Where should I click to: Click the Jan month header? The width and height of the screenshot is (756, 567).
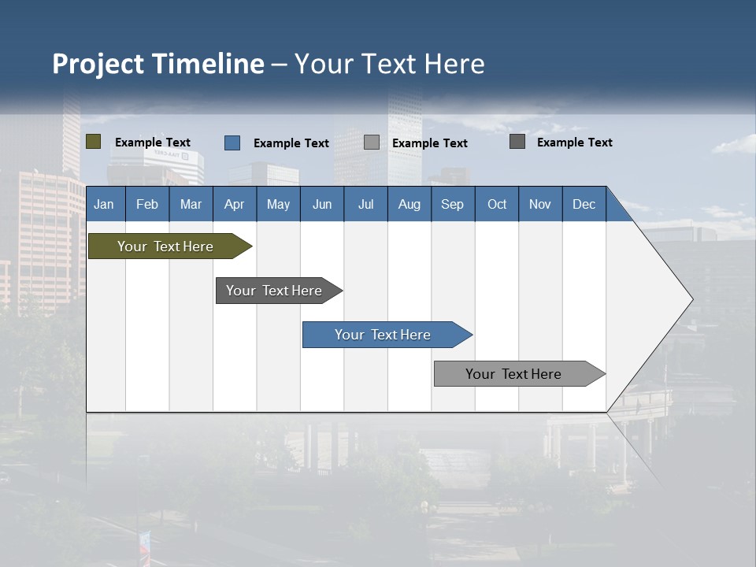coord(104,204)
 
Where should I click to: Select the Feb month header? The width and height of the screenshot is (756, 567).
coord(147,204)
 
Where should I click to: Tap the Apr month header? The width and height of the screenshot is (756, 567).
coord(234,204)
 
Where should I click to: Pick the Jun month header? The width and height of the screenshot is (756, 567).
coord(322,204)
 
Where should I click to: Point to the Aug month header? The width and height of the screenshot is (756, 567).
coord(409,204)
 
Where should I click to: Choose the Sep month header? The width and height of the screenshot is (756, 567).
coord(452,204)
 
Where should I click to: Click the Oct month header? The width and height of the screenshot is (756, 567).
coord(497,204)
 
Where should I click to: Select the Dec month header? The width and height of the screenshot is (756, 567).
coord(584,204)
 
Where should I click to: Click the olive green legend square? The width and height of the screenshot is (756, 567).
coord(94,142)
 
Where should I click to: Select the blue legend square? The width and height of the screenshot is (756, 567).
coord(232,143)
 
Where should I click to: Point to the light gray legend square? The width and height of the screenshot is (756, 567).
coord(372,143)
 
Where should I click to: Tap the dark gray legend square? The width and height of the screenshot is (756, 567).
coord(517,142)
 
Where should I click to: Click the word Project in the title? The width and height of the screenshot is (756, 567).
coord(98,64)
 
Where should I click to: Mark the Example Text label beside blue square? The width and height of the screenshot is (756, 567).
coord(291,143)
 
